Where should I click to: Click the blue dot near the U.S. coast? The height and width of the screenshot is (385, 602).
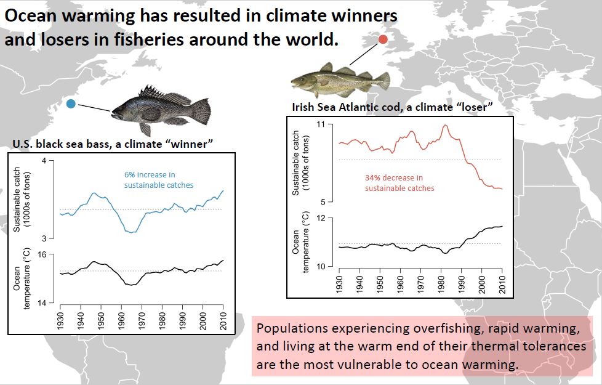[71, 103]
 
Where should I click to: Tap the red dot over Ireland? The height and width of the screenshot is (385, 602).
[382, 39]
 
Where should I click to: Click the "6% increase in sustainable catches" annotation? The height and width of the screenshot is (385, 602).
[158, 180]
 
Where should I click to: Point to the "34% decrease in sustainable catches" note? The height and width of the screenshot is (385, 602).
[399, 183]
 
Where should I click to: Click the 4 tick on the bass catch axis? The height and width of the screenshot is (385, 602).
[44, 161]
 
